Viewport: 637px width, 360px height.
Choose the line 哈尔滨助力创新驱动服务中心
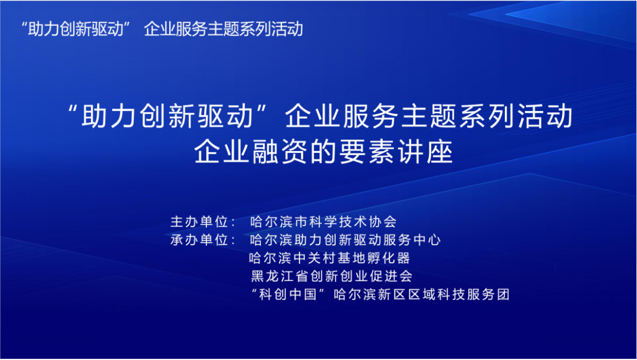(x=345, y=240)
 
